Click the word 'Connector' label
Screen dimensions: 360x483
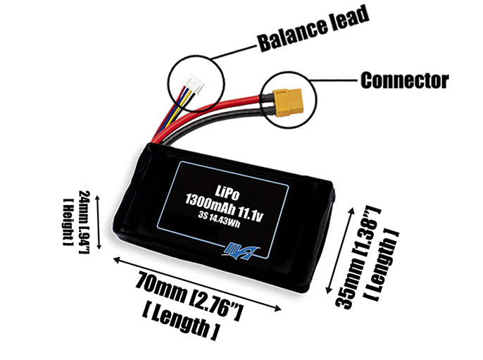click(404, 80)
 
